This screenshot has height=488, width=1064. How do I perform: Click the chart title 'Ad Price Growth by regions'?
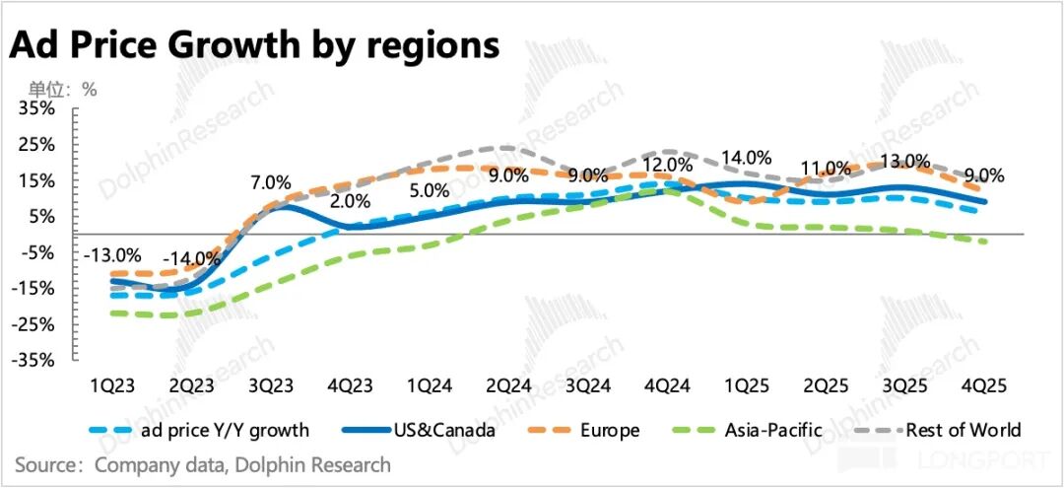tap(253, 45)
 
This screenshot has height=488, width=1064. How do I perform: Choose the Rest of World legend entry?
tap(964, 430)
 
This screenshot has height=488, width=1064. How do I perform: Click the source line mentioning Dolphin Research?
tap(202, 464)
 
